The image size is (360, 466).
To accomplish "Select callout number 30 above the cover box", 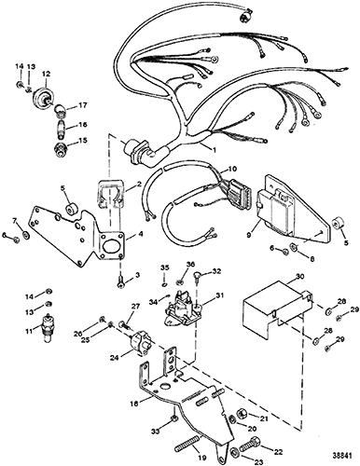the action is coord(291,277).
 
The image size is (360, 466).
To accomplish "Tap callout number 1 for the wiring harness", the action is coord(214,149).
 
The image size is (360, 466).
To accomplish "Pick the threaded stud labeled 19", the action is coord(186,443).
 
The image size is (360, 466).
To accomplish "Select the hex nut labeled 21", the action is coord(242,414).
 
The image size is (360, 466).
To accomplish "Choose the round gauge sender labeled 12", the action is coord(42,96).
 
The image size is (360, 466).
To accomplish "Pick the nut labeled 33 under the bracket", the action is coord(174,419).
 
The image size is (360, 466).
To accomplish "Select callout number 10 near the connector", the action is coord(232,169).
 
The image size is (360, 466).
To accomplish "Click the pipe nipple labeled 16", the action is coord(60,128).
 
